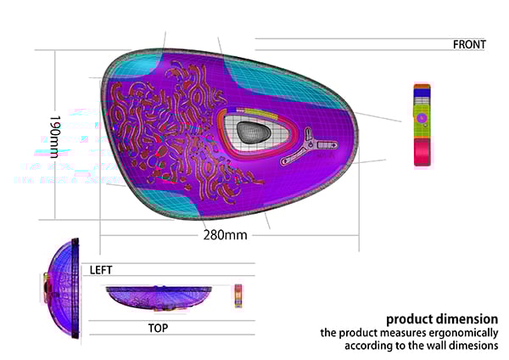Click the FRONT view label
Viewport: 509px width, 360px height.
pos(469,44)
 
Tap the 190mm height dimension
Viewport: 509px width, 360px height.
pos(54,137)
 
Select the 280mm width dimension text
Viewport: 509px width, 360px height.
pos(225,234)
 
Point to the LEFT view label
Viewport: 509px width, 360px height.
pos(101,270)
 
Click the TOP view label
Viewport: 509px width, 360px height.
pos(158,328)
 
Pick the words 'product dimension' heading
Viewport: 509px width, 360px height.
pos(442,319)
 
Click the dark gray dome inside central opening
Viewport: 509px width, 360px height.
pos(253,132)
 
